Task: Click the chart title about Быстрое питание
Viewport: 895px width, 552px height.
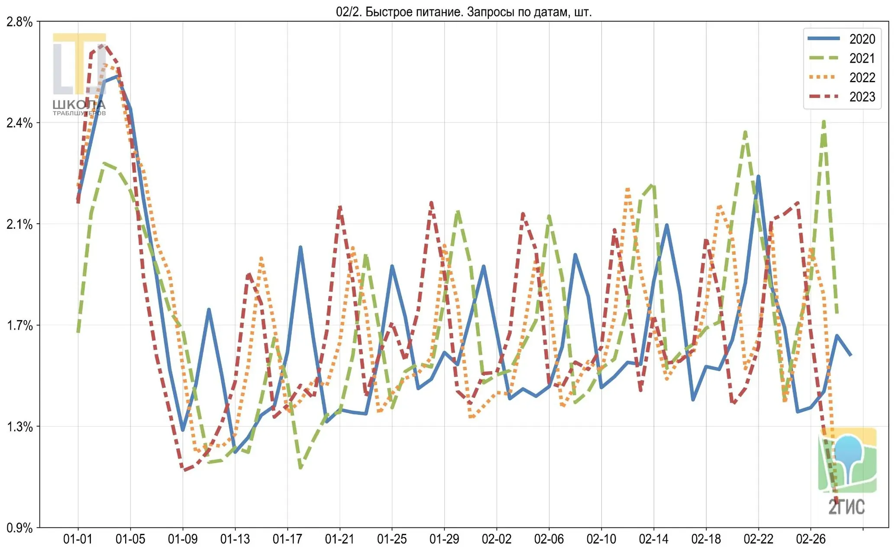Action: tap(464, 12)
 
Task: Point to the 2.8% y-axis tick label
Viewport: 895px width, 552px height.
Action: tap(19, 22)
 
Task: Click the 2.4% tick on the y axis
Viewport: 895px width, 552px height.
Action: tap(19, 123)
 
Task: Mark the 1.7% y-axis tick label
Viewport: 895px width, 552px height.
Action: tap(19, 325)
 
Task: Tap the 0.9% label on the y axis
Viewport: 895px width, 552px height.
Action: tap(19, 528)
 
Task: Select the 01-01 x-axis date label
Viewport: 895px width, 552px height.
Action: tap(78, 539)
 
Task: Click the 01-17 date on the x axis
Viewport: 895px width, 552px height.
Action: tap(288, 539)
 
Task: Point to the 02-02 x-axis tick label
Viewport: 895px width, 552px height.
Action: tap(497, 539)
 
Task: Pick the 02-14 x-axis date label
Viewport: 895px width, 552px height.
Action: tap(654, 539)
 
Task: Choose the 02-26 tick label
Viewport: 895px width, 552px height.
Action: tap(811, 539)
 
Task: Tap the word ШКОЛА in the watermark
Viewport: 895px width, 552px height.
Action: tap(79, 105)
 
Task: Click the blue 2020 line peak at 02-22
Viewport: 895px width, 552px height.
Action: tap(758, 177)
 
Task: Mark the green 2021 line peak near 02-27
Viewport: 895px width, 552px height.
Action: tap(824, 122)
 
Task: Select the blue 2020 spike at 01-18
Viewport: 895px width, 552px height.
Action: tap(300, 247)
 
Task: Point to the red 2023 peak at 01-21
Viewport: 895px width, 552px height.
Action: tap(340, 207)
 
